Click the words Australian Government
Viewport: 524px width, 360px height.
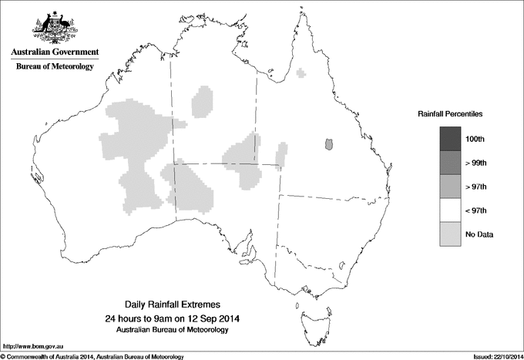[55, 53]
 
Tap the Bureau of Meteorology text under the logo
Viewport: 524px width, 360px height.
[55, 67]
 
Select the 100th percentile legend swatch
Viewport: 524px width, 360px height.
[452, 139]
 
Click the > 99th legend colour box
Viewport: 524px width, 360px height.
[452, 163]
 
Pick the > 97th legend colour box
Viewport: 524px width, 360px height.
[452, 187]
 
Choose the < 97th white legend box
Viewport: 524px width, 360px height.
[452, 210]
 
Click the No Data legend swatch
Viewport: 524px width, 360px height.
[452, 234]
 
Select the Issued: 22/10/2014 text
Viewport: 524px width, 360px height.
[496, 356]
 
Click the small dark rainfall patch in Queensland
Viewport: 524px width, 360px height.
[330, 143]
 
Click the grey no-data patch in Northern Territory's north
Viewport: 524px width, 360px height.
[203, 100]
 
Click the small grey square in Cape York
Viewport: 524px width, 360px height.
[302, 73]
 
